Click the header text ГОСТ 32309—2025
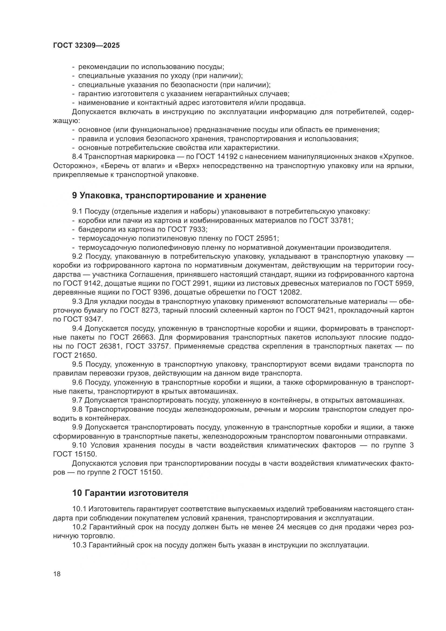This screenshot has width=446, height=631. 87,46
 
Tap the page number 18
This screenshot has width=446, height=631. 57,574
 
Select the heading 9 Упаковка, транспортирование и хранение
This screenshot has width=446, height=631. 169,195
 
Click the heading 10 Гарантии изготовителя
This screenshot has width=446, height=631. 130,493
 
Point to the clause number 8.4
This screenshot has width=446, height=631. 77,157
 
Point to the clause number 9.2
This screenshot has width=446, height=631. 77,256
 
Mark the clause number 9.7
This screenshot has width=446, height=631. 77,400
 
